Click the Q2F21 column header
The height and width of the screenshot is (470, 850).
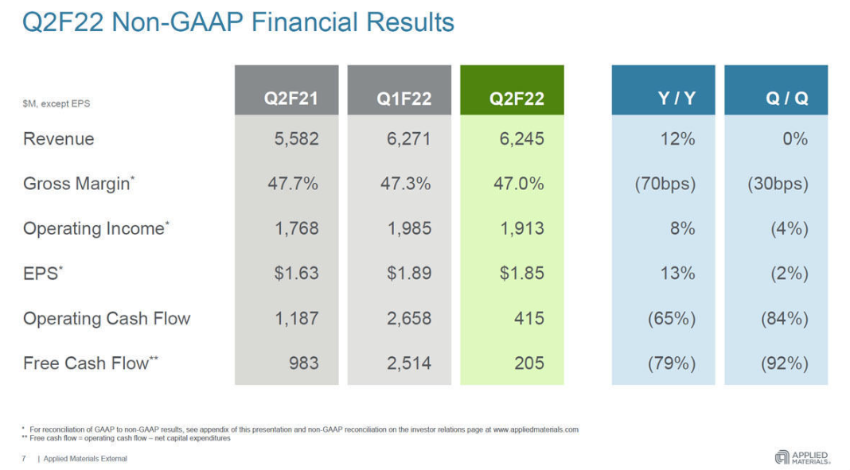click(290, 99)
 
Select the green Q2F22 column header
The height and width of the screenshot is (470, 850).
click(517, 99)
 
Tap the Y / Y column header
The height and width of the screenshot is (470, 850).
click(676, 99)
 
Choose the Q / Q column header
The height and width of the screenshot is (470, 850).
click(787, 99)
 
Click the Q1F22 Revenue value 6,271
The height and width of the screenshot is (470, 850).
click(409, 139)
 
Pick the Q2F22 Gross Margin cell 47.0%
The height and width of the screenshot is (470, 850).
click(519, 184)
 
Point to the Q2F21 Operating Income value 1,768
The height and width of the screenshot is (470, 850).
click(297, 229)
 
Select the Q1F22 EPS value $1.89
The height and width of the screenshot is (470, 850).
click(409, 274)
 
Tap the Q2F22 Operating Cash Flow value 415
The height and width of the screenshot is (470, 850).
click(529, 319)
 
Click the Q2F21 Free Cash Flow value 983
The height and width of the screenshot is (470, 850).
click(304, 363)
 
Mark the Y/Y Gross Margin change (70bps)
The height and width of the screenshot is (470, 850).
click(665, 184)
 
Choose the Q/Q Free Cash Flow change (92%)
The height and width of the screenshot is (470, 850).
click(785, 363)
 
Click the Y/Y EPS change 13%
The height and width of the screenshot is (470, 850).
click(677, 274)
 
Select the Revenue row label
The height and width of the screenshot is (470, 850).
click(59, 139)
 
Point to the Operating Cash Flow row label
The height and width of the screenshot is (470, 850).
click(107, 319)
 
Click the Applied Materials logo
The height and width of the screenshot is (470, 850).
click(802, 456)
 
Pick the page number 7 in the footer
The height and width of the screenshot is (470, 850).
click(24, 459)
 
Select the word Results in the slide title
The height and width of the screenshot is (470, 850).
click(405, 22)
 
